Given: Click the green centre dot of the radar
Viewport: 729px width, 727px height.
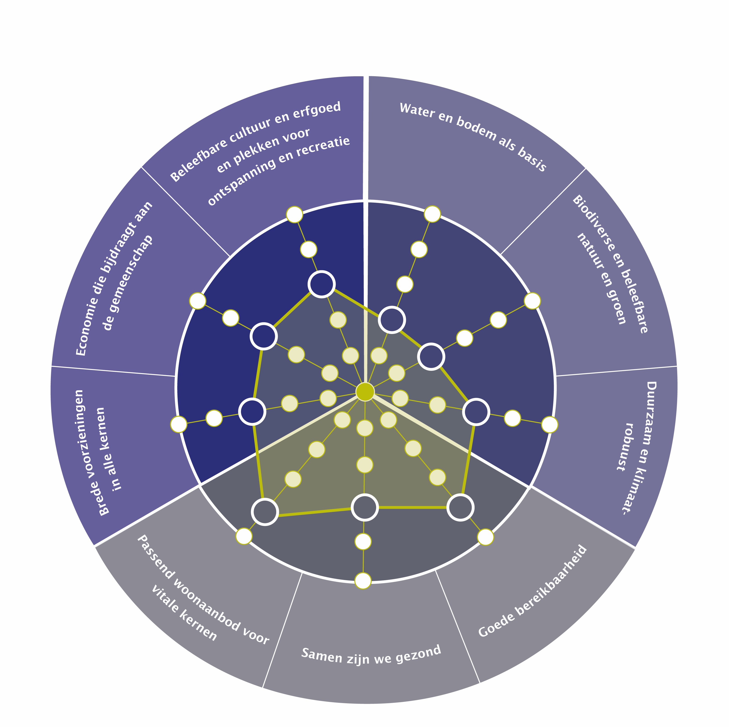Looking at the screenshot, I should [365, 391].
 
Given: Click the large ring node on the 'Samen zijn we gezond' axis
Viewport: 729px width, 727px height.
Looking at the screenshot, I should [364, 507].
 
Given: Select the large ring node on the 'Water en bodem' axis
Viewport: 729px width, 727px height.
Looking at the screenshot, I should [392, 320].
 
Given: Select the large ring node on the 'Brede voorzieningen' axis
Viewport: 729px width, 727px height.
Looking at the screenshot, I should [252, 411].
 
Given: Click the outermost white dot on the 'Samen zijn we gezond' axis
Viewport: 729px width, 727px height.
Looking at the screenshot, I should [363, 580].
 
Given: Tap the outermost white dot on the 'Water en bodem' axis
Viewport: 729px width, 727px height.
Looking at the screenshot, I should [432, 214].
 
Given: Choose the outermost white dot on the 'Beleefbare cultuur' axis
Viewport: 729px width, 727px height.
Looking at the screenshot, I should [294, 214].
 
